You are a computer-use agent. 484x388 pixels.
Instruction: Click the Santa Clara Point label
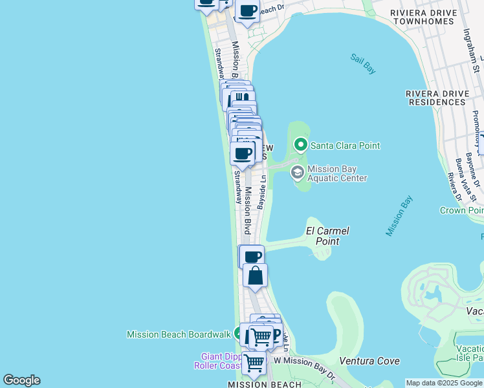pyautogui.click(x=345, y=145)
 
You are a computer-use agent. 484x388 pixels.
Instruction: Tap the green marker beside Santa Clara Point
pyautogui.click(x=300, y=144)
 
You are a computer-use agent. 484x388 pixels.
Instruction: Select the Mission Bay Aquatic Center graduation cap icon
pyautogui.click(x=297, y=172)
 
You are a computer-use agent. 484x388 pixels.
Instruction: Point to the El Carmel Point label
pyautogui.click(x=327, y=235)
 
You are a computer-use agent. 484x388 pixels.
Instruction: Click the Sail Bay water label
pyautogui.click(x=363, y=63)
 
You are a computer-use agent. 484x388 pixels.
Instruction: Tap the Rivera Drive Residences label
pyautogui.click(x=437, y=98)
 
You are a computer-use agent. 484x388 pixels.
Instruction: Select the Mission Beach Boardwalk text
pyautogui.click(x=179, y=334)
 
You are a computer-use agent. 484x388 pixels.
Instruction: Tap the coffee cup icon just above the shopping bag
pyautogui.click(x=253, y=256)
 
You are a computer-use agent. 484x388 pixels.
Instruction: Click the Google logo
pyautogui.click(x=21, y=380)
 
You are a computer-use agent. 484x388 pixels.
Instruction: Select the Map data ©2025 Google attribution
pyautogui.click(x=444, y=383)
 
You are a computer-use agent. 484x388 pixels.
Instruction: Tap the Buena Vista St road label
pyautogui.click(x=460, y=175)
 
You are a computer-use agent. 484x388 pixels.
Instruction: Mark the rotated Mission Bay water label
pyautogui.click(x=399, y=215)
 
